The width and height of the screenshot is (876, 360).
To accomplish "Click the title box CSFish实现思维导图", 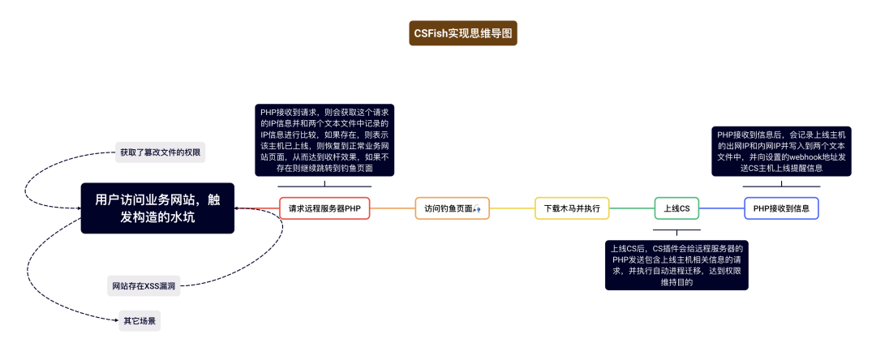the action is (463, 33).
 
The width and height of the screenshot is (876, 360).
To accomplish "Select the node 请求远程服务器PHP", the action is (324, 208).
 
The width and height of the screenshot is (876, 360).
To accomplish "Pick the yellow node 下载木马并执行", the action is (572, 208).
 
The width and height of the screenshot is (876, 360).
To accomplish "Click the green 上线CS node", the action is (676, 208).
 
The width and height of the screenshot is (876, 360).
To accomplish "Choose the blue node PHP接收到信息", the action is (781, 208).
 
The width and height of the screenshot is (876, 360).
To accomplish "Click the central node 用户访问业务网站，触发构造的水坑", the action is (157, 208).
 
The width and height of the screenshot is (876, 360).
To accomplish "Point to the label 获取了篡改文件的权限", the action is (161, 152).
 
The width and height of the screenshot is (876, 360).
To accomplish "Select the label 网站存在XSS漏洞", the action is (144, 285).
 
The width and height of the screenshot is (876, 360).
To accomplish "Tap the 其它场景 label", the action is (140, 321).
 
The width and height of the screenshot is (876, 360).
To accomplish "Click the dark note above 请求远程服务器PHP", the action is (324, 139).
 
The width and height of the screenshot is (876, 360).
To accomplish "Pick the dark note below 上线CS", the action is (676, 264).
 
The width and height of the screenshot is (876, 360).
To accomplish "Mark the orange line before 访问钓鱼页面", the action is (393, 208).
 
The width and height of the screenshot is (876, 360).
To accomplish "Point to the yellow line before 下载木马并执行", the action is (513, 208).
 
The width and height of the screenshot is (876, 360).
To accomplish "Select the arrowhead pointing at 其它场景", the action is (115, 321).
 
